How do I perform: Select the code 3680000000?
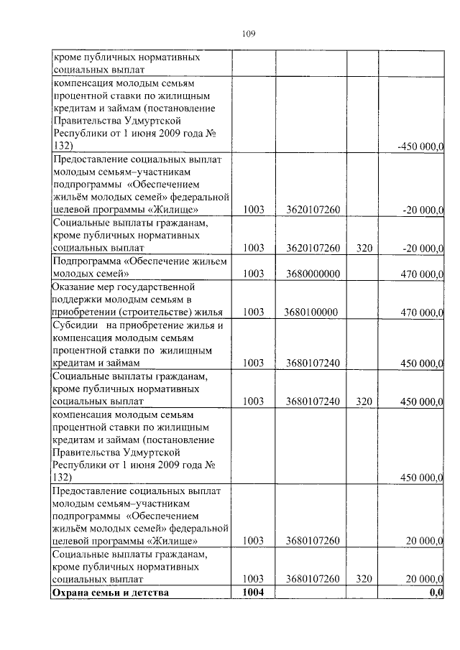click(312, 274)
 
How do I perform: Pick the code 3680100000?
click(311, 312)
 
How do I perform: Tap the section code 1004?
click(254, 593)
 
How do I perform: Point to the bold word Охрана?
click(70, 593)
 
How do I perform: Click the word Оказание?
click(75, 287)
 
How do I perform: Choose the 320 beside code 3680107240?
click(363, 401)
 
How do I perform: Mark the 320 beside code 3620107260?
click(363, 249)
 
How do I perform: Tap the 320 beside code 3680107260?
click(363, 579)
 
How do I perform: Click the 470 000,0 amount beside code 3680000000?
click(421, 274)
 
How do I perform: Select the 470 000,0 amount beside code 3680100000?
click(421, 312)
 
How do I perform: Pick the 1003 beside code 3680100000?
click(254, 312)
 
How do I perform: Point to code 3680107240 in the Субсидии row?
click(312, 363)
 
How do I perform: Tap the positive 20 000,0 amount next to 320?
click(423, 579)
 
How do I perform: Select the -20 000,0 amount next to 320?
click(422, 249)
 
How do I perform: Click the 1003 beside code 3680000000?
click(254, 274)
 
